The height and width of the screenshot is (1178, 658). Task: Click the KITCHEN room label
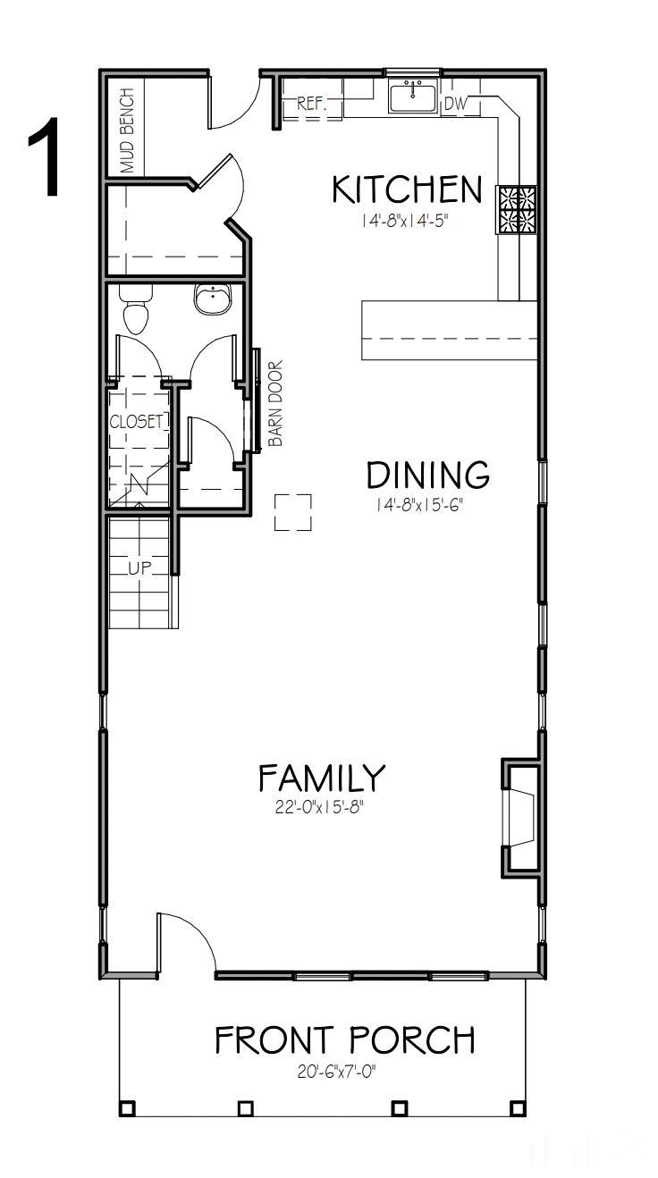click(407, 189)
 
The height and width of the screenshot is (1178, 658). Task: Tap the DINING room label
click(428, 475)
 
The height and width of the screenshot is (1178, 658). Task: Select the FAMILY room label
click(321, 778)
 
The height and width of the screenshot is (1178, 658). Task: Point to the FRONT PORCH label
click(344, 1040)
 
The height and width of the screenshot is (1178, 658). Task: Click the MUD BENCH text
click(129, 130)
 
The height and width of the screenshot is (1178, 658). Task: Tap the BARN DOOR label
click(276, 403)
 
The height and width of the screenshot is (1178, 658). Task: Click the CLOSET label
click(137, 422)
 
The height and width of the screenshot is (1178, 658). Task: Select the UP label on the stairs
click(139, 568)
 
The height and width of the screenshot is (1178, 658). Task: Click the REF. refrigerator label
click(311, 105)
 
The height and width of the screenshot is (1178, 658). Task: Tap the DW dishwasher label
click(455, 105)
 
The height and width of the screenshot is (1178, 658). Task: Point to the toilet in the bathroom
click(135, 313)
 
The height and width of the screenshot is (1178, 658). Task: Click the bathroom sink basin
click(213, 301)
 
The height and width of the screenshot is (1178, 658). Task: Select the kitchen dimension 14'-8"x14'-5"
click(403, 221)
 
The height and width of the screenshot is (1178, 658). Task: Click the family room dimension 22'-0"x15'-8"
click(321, 808)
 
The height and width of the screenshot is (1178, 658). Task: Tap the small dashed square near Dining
click(292, 513)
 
